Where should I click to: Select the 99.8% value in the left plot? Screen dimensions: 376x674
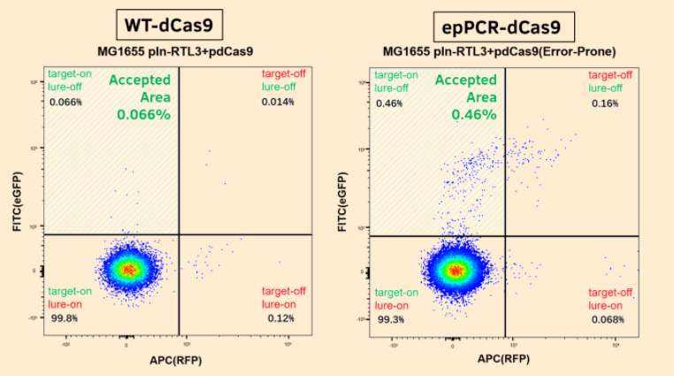(x=63, y=318)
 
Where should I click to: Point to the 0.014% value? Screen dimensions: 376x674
(x=277, y=103)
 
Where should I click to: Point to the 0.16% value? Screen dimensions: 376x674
(x=605, y=104)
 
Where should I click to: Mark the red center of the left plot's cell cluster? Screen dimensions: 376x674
(x=129, y=268)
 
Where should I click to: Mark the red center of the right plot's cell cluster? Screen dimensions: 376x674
(x=455, y=269)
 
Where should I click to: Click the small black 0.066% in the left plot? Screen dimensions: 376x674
(x=66, y=103)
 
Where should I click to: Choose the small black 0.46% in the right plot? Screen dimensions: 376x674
(x=390, y=104)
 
